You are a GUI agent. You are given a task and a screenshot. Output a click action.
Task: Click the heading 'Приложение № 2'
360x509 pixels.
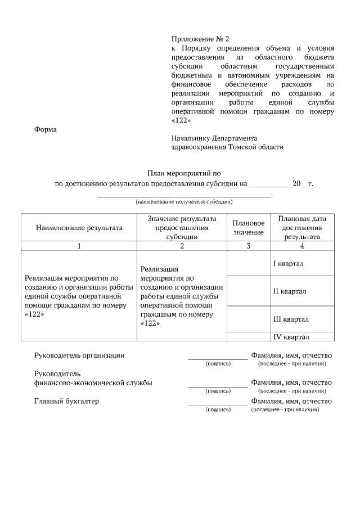pyautogui.click(x=200, y=39)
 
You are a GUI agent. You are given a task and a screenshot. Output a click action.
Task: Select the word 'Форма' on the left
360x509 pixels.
pyautogui.click(x=46, y=129)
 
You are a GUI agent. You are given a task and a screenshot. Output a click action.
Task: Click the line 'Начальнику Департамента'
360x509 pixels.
pyautogui.click(x=214, y=138)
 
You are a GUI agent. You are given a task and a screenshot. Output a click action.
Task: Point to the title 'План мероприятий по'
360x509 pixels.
pyautogui.click(x=185, y=174)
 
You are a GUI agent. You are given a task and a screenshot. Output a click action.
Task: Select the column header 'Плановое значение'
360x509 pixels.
pyautogui.click(x=248, y=228)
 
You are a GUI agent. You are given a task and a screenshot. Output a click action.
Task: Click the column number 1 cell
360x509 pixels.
pyautogui.click(x=79, y=246)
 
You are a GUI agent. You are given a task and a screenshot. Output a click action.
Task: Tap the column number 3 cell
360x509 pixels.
pyautogui.click(x=248, y=246)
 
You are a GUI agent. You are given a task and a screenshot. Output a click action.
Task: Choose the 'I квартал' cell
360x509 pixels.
pyautogui.click(x=289, y=264)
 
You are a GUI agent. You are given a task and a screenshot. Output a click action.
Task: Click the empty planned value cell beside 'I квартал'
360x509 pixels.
pyautogui.click(x=248, y=264)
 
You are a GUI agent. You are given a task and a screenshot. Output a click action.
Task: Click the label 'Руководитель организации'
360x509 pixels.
pyautogui.click(x=79, y=355)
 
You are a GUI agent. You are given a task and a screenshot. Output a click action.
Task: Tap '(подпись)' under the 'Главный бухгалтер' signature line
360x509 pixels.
pyautogui.click(x=218, y=409)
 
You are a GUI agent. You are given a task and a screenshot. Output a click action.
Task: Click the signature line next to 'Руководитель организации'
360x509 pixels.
pyautogui.click(x=218, y=358)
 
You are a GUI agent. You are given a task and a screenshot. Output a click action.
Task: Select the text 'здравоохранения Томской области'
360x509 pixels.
pyautogui.click(x=227, y=147)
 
